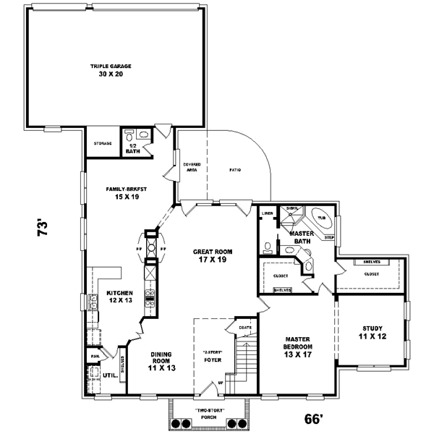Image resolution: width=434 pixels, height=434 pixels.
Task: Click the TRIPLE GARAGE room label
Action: pos(111,69)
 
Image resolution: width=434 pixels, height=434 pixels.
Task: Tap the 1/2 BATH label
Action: pos(132,148)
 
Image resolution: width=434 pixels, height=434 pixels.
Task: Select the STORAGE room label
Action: pos(103,143)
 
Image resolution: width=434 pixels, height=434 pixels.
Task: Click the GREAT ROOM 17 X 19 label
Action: pos(210,255)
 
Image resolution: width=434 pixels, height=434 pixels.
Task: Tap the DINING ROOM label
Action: pos(161,360)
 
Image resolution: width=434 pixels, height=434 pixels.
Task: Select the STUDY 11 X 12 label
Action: pos(373,333)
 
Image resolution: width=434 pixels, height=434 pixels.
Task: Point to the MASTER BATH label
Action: pos(301,238)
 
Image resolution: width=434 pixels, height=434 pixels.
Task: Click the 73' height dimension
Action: pos(43,229)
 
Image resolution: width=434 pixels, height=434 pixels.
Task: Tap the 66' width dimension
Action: pos(313,419)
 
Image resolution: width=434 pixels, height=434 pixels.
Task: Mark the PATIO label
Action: pos(236,170)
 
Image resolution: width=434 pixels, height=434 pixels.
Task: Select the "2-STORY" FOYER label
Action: pos(212,356)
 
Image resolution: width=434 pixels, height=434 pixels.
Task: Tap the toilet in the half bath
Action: pos(129,135)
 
